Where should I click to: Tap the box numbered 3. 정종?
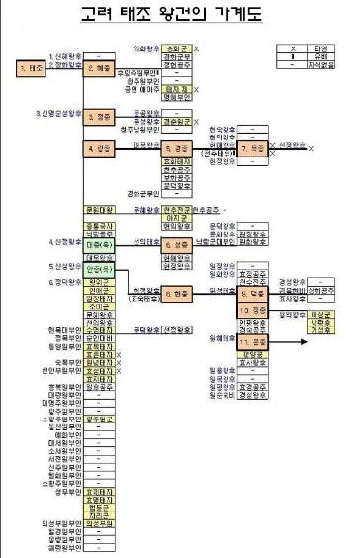coord(101,116)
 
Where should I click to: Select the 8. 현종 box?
coord(178,294)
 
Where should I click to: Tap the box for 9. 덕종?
coord(252,294)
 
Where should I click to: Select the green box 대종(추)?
coord(101,243)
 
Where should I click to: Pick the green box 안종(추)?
coord(101,268)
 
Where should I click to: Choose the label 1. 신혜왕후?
coord(65,55)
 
